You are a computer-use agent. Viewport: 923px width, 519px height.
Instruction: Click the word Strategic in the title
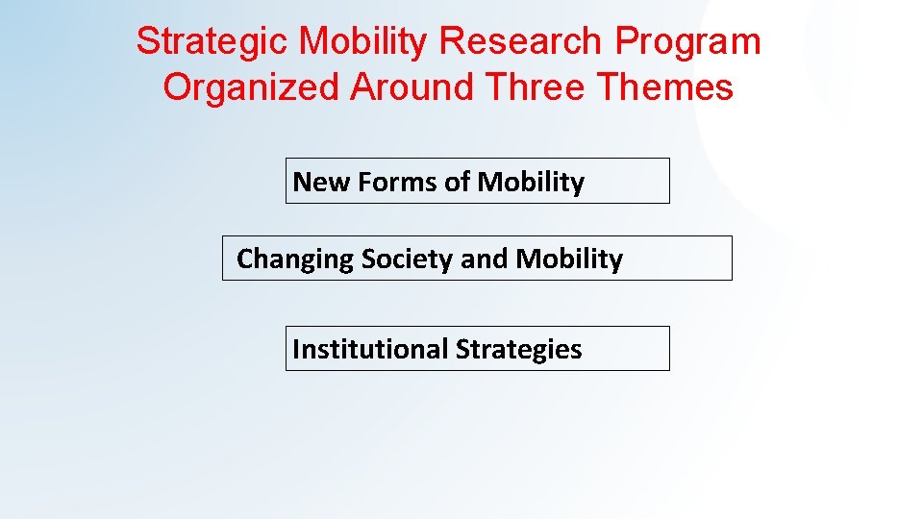pyautogui.click(x=212, y=42)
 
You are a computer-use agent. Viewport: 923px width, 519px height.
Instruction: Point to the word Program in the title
pyautogui.click(x=688, y=42)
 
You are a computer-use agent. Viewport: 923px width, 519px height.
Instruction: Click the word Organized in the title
pyautogui.click(x=252, y=87)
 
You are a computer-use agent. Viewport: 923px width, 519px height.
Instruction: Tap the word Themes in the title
pyautogui.click(x=665, y=87)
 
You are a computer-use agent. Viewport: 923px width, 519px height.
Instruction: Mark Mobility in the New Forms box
pyautogui.click(x=531, y=182)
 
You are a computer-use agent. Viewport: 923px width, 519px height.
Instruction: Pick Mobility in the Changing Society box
pyautogui.click(x=569, y=259)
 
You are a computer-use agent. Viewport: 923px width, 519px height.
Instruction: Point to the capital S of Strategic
pyautogui.click(x=146, y=42)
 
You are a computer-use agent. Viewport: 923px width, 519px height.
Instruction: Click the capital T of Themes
pyautogui.click(x=607, y=87)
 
